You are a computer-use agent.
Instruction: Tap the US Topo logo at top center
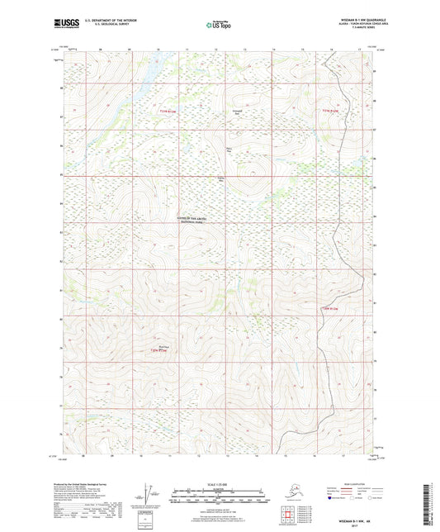click(x=219, y=26)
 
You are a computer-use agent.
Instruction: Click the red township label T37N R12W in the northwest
click(x=170, y=112)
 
